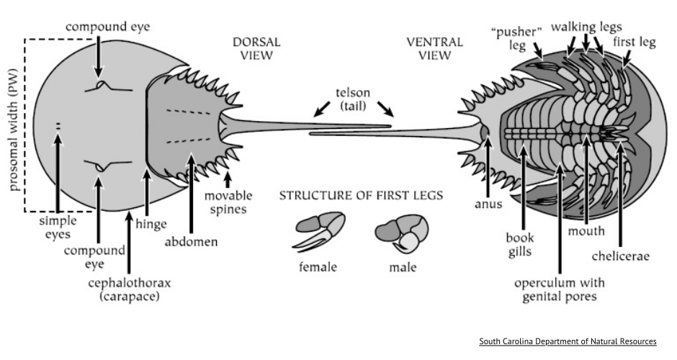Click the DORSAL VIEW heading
(256, 49)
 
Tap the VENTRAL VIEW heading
(434, 49)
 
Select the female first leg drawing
(318, 231)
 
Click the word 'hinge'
(151, 224)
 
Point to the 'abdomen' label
(191, 241)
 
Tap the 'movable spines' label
(228, 202)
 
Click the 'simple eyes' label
(58, 228)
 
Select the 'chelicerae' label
(620, 256)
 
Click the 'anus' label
(488, 204)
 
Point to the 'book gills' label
(520, 245)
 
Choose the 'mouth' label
(586, 231)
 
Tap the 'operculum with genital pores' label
(560, 289)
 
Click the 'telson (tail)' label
(353, 99)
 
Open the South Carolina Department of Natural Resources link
(568, 341)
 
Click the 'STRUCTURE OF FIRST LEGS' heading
(361, 196)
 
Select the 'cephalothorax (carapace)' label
(130, 289)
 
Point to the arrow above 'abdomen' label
(191, 192)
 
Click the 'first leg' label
(635, 42)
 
